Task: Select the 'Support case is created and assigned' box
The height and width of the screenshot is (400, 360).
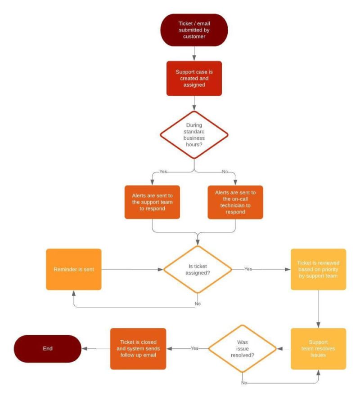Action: pyautogui.click(x=194, y=78)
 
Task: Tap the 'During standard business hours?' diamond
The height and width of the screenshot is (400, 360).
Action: pyautogui.click(x=194, y=133)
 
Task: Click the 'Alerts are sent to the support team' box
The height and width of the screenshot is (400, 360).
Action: pyautogui.click(x=152, y=203)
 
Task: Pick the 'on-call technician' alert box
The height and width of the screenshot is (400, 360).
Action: pyautogui.click(x=235, y=203)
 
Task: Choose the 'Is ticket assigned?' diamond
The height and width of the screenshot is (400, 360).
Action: pyautogui.click(x=198, y=269)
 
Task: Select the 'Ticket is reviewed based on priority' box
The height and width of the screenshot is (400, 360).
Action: pyautogui.click(x=318, y=269)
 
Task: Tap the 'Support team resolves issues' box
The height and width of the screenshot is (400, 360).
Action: pyautogui.click(x=318, y=348)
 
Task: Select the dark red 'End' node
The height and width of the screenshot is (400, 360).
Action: pyautogui.click(x=47, y=348)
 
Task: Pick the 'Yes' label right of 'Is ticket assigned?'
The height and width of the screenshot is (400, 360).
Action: pyautogui.click(x=247, y=269)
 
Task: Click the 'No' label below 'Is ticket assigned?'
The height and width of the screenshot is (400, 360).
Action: pyautogui.click(x=198, y=303)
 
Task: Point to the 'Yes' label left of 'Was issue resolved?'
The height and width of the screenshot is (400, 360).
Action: pyautogui.click(x=194, y=348)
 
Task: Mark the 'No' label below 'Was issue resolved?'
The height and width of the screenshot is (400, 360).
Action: pyautogui.click(x=243, y=382)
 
